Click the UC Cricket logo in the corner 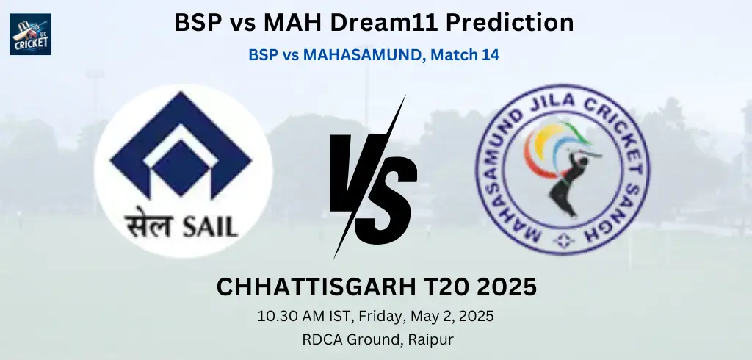(30, 34)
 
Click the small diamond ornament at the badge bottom (563, 240)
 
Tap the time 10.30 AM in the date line (288, 317)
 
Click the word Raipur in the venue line (430, 340)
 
